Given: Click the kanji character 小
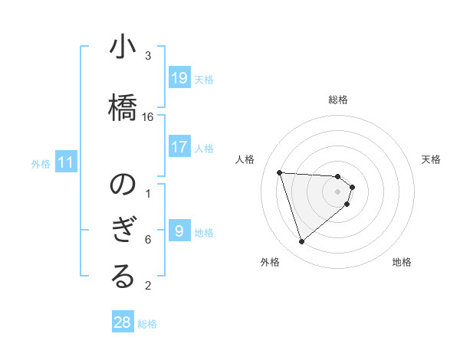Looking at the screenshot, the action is (123, 47).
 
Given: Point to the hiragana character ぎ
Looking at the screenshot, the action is (123, 231).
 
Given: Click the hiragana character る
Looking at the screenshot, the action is (123, 277).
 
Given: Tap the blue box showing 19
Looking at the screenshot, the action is (179, 78).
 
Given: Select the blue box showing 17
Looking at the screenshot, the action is (179, 147).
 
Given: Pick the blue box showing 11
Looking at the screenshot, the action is (66, 162).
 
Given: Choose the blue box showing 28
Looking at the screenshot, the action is (123, 322).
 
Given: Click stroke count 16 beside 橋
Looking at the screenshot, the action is (148, 117).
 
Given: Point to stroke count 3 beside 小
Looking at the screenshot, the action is (148, 56).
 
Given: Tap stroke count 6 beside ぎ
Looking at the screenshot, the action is (148, 240).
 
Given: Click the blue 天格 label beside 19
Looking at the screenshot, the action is (203, 79).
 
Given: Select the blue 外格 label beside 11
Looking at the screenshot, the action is (41, 163).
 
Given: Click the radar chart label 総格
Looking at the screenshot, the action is (338, 100).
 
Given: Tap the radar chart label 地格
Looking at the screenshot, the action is (402, 263).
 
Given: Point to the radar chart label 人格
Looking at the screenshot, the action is (245, 159).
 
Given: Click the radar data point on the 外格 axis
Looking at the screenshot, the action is (302, 242).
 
